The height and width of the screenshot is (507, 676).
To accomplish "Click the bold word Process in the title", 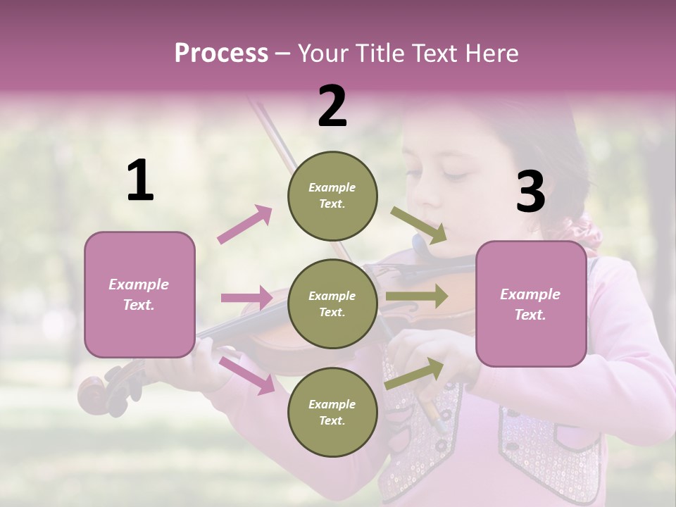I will pyautogui.click(x=221, y=54).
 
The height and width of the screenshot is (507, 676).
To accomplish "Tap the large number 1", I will pyautogui.click(x=140, y=181).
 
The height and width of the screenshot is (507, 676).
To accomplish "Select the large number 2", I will pyautogui.click(x=332, y=106).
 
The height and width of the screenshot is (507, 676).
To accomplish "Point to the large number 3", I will pyautogui.click(x=530, y=192).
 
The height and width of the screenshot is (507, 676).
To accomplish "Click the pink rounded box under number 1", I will pyautogui.click(x=139, y=294).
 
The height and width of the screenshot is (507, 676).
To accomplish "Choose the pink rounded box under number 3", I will pyautogui.click(x=531, y=303).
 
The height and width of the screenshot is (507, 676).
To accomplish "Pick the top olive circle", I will pyautogui.click(x=332, y=195).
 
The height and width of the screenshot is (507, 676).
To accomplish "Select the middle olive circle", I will pyautogui.click(x=332, y=303).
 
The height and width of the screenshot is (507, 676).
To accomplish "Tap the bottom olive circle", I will pyautogui.click(x=332, y=412).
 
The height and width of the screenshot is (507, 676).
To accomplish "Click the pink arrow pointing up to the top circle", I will pyautogui.click(x=244, y=225).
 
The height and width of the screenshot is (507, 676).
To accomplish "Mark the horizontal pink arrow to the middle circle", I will pyautogui.click(x=246, y=298).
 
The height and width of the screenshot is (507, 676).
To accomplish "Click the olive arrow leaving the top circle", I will pyautogui.click(x=419, y=225).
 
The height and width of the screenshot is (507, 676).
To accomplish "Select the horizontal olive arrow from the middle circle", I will pyautogui.click(x=416, y=296).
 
